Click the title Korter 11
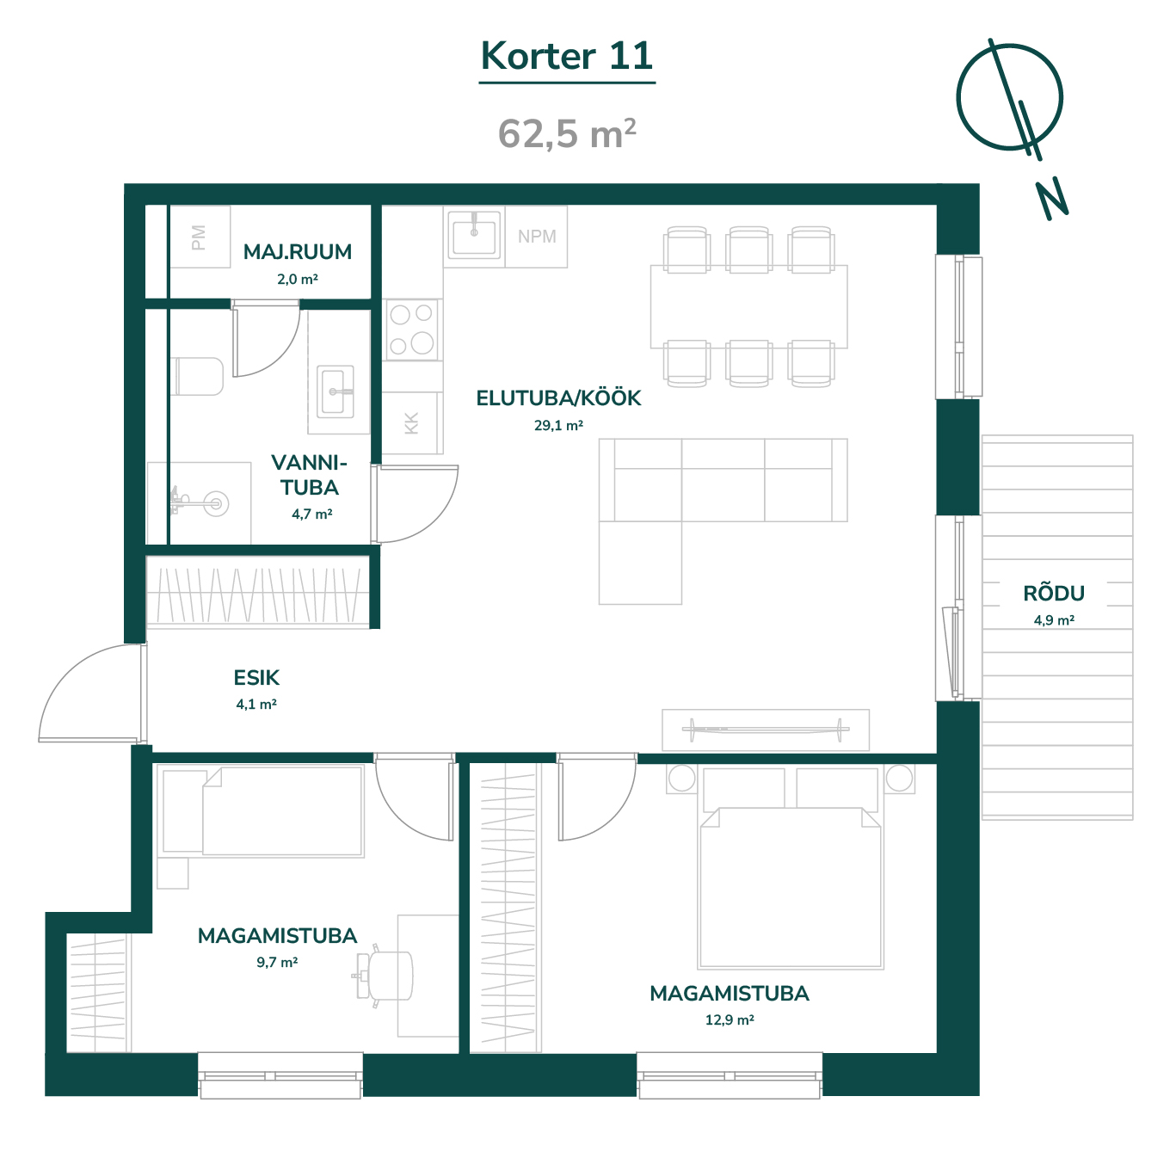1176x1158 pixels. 567,56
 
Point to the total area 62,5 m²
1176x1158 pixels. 567,133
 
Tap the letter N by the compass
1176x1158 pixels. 1053,199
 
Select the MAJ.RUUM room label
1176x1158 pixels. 297,251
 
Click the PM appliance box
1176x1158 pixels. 200,237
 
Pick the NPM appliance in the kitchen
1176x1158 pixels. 537,237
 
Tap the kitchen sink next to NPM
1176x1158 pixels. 474,234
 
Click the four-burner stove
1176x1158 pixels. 412,330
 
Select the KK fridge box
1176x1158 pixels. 412,423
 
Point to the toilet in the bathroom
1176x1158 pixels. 198,377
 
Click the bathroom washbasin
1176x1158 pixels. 335,391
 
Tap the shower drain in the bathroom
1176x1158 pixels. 215,504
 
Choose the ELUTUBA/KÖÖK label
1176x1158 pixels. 558,398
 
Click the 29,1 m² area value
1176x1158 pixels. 558,426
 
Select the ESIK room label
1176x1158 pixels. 256,678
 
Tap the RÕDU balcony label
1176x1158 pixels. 1054,594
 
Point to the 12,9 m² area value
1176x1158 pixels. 730,1020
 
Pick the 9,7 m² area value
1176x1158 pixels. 277,963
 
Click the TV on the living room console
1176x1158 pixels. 766,729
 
